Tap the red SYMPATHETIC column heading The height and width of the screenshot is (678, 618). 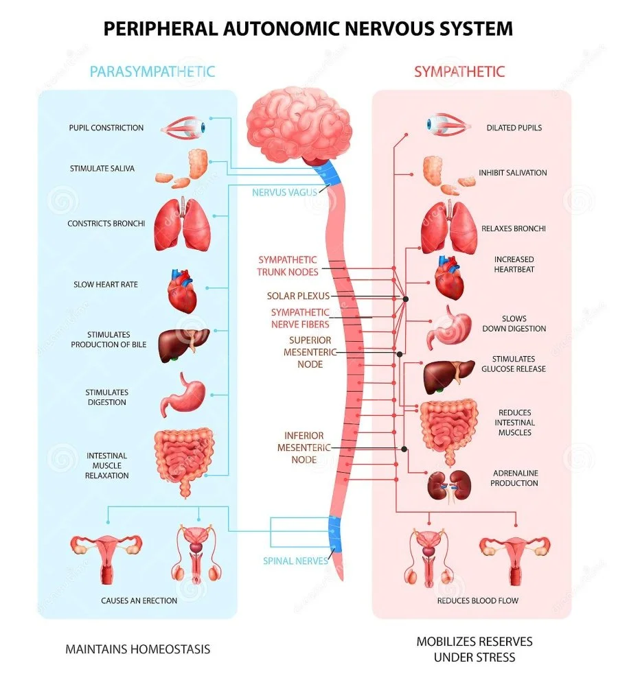click(459, 71)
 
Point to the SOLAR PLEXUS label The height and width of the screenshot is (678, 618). click(298, 296)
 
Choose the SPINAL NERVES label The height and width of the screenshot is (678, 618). click(295, 561)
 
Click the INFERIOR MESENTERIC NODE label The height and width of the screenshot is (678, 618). click(304, 447)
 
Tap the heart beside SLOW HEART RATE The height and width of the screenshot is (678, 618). click(182, 290)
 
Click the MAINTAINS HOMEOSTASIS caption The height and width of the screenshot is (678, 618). click(137, 648)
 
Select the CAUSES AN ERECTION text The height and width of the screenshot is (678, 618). click(139, 600)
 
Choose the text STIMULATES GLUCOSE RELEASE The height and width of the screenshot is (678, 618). click(518, 364)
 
